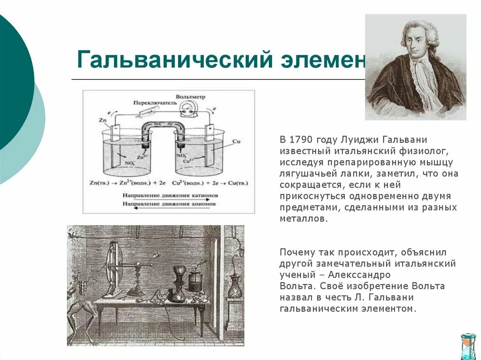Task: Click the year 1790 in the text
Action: (300, 140)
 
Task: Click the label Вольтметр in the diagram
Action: (191, 96)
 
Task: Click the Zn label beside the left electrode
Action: (102, 121)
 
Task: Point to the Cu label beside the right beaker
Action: (236, 140)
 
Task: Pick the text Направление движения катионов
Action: (170, 194)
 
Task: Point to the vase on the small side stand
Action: (234, 286)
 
